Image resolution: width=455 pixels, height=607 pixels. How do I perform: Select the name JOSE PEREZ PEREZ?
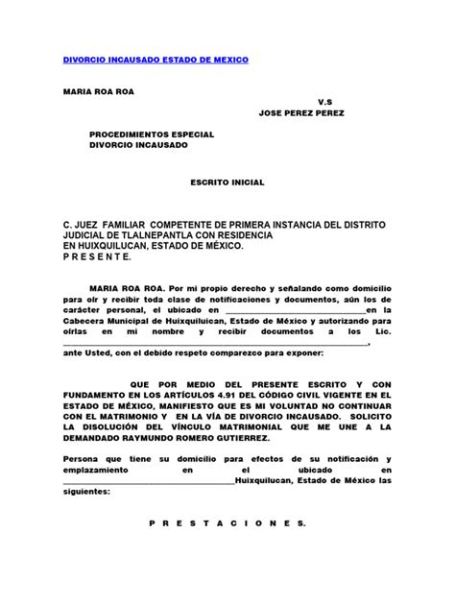[x=301, y=112]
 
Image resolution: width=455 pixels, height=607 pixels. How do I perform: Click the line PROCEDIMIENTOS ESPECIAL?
[x=152, y=134]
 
